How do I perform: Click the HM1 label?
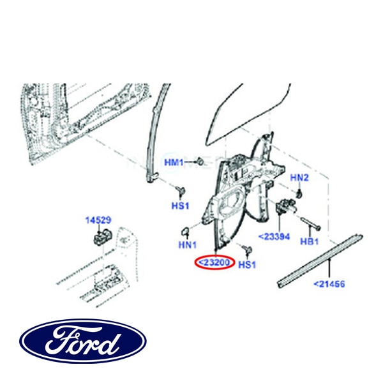click(174, 163)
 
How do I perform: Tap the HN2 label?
click(299, 177)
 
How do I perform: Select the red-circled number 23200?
click(215, 262)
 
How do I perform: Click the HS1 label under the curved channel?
click(181, 206)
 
